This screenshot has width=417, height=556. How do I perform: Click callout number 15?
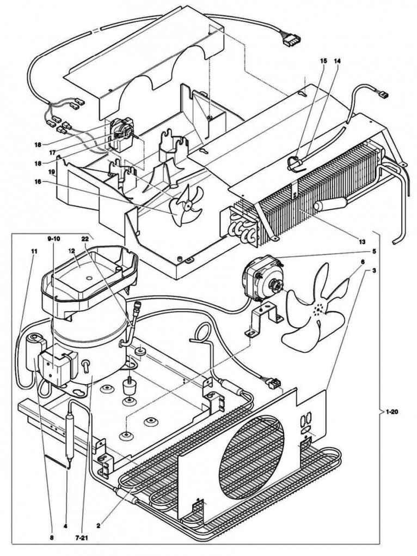pos(323,62)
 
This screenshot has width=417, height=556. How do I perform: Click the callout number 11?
pos(34,251)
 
